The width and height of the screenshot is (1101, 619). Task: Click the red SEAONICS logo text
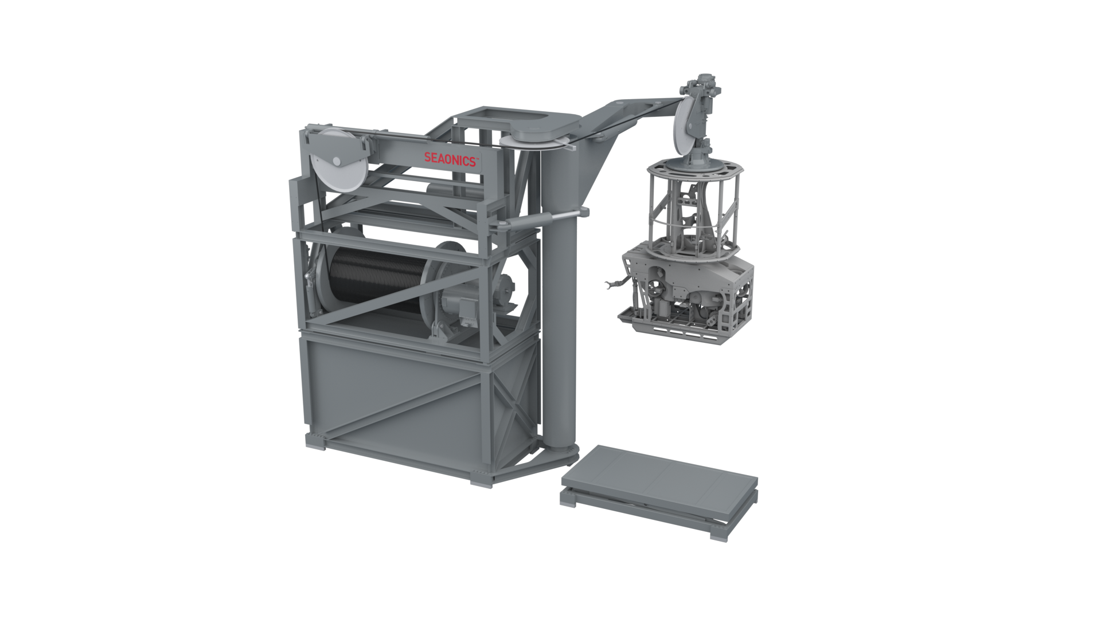(450, 159)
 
